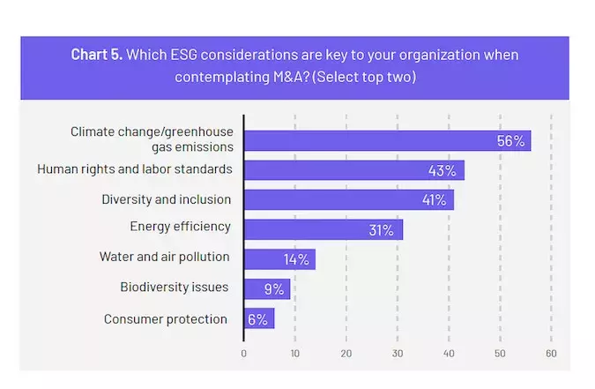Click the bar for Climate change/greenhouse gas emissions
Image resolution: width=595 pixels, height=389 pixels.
click(387, 140)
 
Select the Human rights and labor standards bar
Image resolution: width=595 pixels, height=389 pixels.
click(353, 170)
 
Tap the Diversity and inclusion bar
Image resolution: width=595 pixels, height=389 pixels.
click(348, 199)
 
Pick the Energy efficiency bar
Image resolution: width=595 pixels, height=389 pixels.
click(323, 229)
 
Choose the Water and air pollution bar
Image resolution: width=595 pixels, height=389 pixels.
click(279, 259)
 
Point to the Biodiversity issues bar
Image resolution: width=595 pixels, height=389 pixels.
click(266, 288)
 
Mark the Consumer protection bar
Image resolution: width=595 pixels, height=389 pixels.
click(258, 318)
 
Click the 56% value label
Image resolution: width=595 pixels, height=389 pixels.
click(511, 141)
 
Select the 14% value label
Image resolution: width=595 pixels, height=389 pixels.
click(296, 259)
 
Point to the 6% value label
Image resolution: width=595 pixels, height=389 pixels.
click(257, 318)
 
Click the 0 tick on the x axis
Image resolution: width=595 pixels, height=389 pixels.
click(243, 353)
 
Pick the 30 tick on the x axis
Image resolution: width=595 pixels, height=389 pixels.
click(398, 353)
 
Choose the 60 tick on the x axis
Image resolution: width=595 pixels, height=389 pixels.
click(551, 353)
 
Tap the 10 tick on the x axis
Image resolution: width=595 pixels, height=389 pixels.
click(294, 353)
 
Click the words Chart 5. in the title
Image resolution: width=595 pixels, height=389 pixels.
click(97, 55)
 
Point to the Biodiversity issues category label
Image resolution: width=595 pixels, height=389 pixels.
click(175, 287)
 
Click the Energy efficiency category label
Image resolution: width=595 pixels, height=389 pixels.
click(180, 227)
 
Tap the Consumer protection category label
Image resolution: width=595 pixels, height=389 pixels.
click(166, 318)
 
